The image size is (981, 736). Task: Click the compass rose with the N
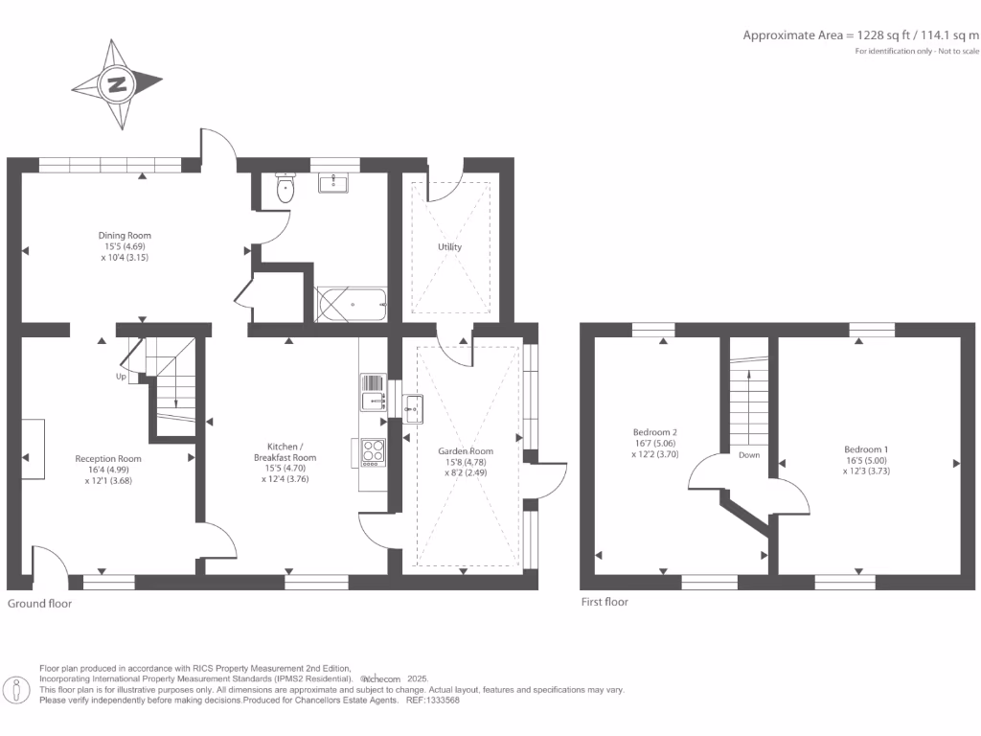tap(117, 84)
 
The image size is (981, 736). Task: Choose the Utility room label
tap(449, 247)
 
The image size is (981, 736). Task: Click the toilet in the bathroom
tap(285, 188)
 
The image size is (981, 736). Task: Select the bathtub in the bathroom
tap(351, 305)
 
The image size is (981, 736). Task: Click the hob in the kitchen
tap(373, 451)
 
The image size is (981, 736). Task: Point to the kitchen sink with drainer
tap(373, 394)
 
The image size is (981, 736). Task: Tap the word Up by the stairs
tap(121, 377)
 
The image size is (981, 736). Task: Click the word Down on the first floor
tap(749, 455)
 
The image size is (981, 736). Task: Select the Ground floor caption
tap(39, 604)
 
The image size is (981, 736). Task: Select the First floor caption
tap(605, 602)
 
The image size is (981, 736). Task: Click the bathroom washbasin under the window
tap(334, 182)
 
